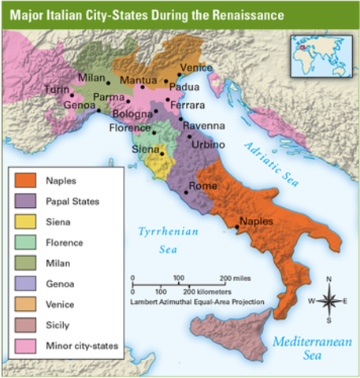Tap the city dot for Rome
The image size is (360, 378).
(x=187, y=191)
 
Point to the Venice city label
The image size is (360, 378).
(x=196, y=69)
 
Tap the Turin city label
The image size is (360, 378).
(x=56, y=90)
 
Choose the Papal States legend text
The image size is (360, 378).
(x=72, y=202)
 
